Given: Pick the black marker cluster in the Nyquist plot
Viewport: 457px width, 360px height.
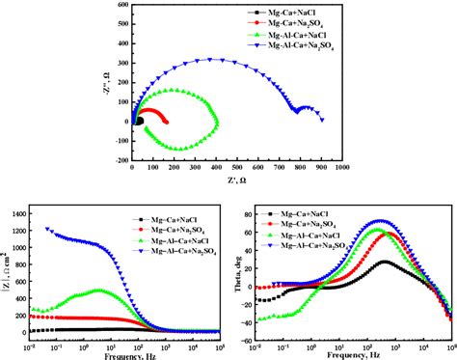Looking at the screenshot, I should (x=137, y=122).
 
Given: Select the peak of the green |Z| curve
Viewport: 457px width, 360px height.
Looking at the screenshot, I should (x=99, y=291).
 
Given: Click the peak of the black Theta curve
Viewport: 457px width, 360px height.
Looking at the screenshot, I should (x=386, y=262).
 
